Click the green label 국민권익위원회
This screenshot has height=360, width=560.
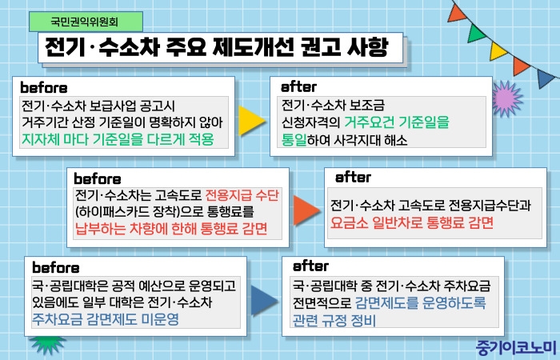[x=86, y=22]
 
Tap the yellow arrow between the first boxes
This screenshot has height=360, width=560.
[x=251, y=121]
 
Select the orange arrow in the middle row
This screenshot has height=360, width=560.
[x=306, y=210]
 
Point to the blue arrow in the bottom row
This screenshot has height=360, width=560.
[x=264, y=301]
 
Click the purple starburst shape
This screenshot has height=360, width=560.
[x=506, y=98]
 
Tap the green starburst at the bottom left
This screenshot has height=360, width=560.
[x=47, y=343]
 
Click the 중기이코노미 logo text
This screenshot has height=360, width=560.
[x=516, y=347]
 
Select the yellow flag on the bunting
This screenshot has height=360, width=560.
[x=498, y=51]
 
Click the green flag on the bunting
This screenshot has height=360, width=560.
[x=477, y=34]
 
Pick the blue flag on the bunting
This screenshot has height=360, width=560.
[x=545, y=78]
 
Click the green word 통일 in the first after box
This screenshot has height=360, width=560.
[x=294, y=139]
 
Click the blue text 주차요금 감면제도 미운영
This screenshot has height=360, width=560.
[x=106, y=319]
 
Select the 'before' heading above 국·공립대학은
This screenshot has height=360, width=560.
[x=56, y=267]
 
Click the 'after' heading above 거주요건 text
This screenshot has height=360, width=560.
[x=298, y=86]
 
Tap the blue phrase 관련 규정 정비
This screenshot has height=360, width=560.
[x=334, y=320]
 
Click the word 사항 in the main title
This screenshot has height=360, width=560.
[x=367, y=47]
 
